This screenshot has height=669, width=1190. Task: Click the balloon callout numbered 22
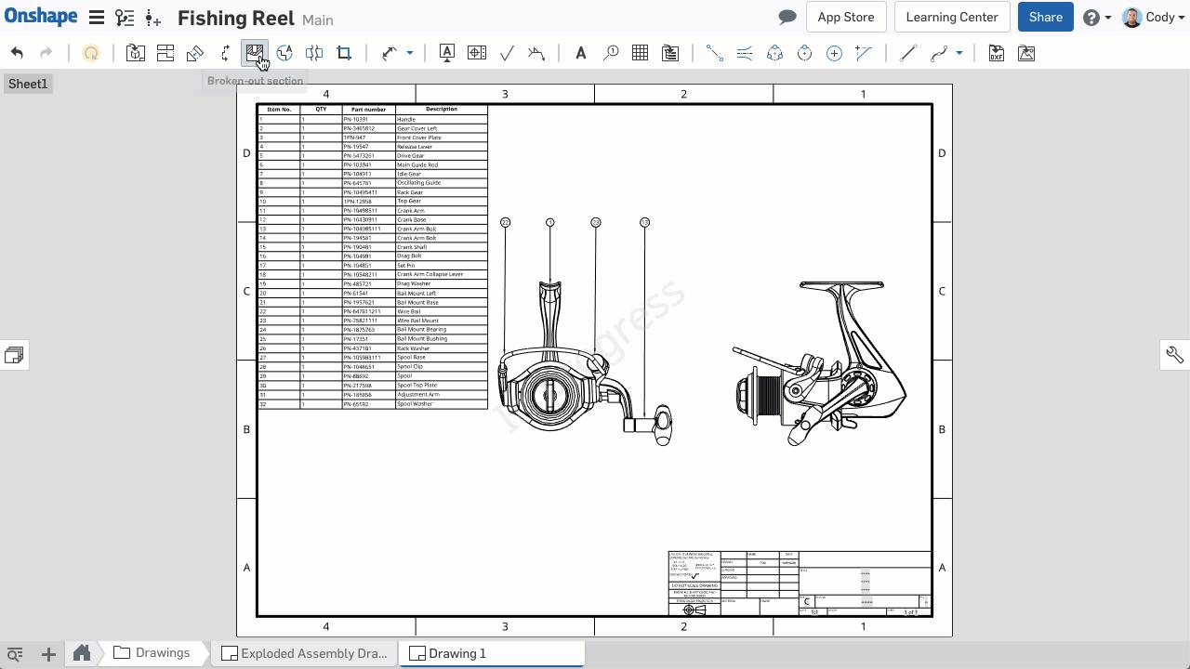[x=505, y=222]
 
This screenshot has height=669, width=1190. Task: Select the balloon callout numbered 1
[x=550, y=222]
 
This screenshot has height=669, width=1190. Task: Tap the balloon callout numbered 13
[x=644, y=222]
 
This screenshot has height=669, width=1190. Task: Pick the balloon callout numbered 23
[x=596, y=222]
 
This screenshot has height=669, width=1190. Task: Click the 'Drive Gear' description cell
[x=411, y=156]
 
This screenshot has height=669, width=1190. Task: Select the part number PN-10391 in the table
[x=356, y=119]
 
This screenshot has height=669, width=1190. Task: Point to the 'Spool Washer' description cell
[x=415, y=404]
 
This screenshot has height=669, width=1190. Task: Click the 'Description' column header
[x=441, y=109]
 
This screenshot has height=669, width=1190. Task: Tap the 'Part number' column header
[x=368, y=110]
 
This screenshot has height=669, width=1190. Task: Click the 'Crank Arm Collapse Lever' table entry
[x=430, y=274]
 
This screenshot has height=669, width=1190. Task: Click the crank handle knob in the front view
[x=663, y=425]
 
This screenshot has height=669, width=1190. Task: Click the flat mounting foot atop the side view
[x=841, y=284]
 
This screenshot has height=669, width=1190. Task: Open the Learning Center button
[x=951, y=17]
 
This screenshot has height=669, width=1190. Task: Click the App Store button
[x=845, y=17]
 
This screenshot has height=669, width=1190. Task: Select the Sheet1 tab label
[x=28, y=84]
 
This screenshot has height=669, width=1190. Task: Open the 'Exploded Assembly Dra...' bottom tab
[x=305, y=653]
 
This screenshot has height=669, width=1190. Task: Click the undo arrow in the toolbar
[x=17, y=53]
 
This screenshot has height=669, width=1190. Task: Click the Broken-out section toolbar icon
[x=254, y=53]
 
